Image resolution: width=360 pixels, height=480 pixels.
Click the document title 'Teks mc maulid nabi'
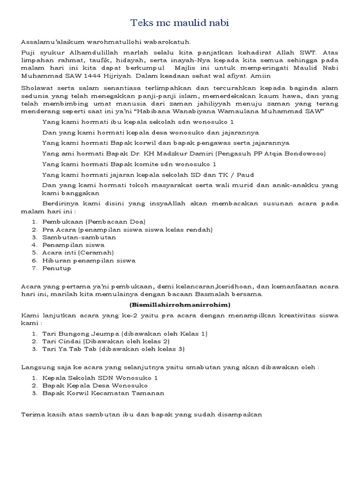(x=180, y=22)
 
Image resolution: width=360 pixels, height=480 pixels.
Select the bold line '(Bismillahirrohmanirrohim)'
(x=180, y=304)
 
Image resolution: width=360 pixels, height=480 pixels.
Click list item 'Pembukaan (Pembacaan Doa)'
(x=94, y=221)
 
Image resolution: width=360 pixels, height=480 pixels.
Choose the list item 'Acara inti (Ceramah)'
(x=78, y=253)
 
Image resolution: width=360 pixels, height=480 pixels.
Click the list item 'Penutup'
(x=57, y=268)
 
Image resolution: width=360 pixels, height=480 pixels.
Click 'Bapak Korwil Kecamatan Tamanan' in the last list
(x=103, y=393)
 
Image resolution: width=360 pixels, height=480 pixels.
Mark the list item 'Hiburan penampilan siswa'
(x=89, y=260)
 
